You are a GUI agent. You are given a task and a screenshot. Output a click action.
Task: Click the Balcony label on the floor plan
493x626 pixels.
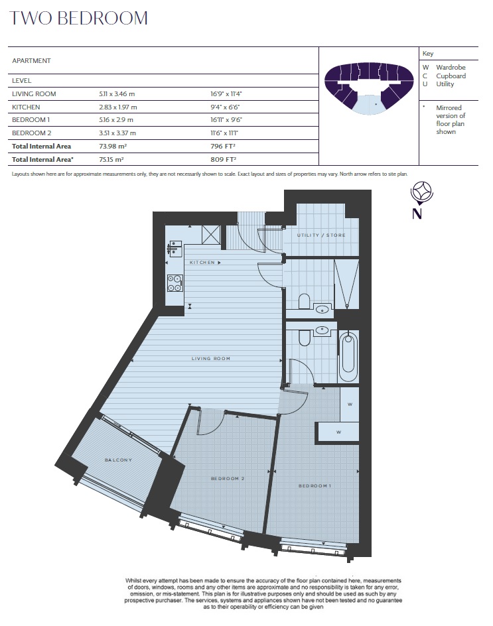tap(118, 460)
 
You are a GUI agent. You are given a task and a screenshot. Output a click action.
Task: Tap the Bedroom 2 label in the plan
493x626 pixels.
tap(228, 478)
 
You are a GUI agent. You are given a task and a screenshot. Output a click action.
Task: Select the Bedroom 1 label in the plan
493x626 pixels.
tap(315, 486)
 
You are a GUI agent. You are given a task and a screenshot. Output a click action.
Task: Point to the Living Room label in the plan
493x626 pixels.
tap(210, 359)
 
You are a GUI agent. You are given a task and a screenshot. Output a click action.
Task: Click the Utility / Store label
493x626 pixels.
tap(320, 235)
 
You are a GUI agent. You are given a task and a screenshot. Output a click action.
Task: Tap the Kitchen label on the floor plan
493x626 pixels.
tap(202, 263)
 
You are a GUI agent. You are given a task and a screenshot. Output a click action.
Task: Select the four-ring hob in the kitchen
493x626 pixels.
tap(175, 283)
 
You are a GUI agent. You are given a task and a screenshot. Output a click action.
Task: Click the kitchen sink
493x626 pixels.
tap(175, 248)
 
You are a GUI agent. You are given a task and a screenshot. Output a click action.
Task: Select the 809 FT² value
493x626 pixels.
tap(224, 159)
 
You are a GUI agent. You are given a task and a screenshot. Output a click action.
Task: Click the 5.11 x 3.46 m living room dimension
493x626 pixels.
tap(117, 94)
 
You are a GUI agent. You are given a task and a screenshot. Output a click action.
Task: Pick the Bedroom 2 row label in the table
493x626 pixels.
tap(32, 133)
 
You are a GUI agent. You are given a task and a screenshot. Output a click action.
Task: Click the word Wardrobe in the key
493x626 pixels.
tap(451, 68)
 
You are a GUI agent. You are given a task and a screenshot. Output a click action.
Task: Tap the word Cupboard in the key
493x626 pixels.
tap(451, 76)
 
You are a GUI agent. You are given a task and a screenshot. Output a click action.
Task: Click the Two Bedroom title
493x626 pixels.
tap(78, 19)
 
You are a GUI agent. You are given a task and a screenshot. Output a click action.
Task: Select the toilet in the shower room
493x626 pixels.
tap(305, 302)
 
